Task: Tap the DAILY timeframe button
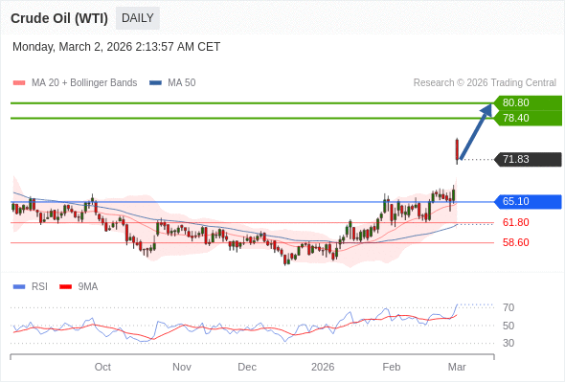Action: pos(138,18)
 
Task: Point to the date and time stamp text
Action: pos(116,46)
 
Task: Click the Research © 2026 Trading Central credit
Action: pos(485,82)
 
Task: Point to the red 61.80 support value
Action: pos(515,222)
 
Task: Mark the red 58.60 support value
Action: pos(515,242)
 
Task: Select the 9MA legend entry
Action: pos(87,286)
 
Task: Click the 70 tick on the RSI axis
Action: pos(508,307)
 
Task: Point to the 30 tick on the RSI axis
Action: pos(508,343)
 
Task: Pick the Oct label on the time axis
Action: pos(102,367)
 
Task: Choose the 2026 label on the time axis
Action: pos(323,367)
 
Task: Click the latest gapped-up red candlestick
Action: pos(457,150)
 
